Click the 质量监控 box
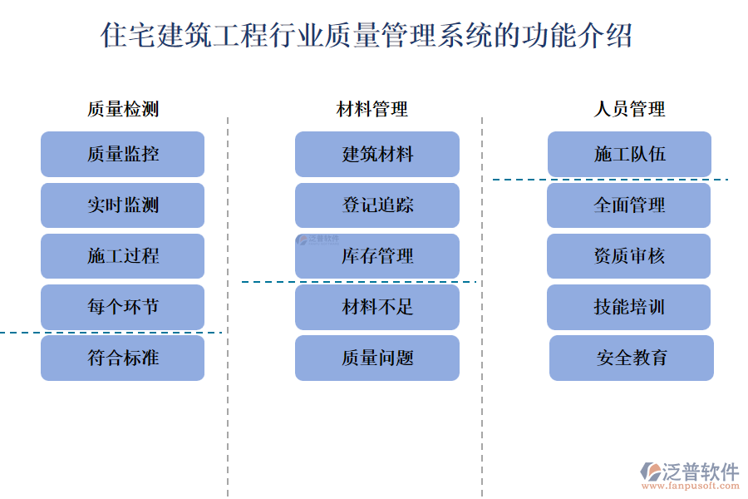(122, 154)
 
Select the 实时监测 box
(122, 205)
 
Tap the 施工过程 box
(122, 256)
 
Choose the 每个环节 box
(122, 307)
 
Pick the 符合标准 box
(122, 358)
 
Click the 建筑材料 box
(377, 154)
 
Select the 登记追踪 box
(377, 205)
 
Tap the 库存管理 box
(377, 256)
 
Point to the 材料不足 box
(377, 307)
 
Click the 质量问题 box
(377, 358)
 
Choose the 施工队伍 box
(629, 154)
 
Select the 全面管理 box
(629, 205)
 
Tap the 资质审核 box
(629, 256)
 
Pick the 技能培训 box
(629, 307)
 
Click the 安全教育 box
(632, 358)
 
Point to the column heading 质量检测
(122, 109)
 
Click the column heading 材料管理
(372, 109)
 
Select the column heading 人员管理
(629, 109)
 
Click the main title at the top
(366, 36)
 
